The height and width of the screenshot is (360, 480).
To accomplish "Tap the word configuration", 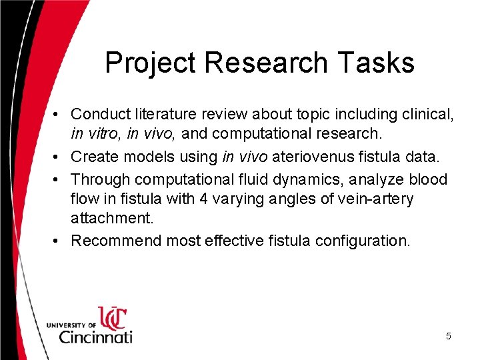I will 362,241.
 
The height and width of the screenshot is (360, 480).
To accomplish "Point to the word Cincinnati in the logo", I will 95,335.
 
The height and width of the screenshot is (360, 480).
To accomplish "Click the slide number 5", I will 448,337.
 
